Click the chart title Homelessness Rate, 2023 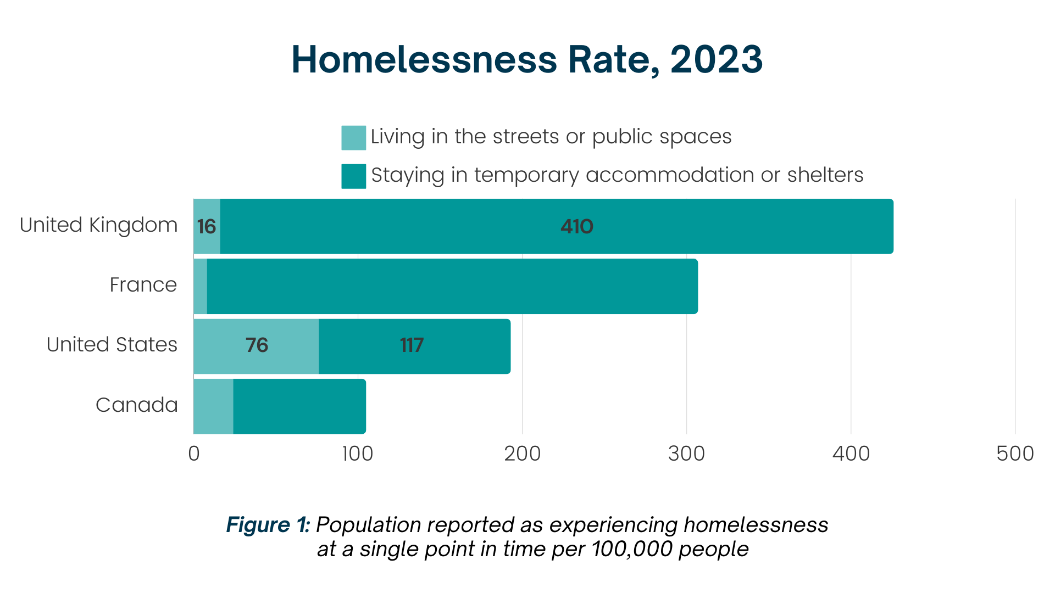527,59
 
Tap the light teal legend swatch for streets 353,138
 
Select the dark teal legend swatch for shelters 353,176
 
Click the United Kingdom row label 99,225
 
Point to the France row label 143,285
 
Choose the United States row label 112,345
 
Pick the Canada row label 137,405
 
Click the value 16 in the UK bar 207,227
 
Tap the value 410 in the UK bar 577,227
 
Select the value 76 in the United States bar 257,345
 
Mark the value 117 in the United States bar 412,345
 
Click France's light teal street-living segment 201,287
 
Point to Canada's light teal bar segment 214,406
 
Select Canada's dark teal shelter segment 299,406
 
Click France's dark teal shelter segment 452,287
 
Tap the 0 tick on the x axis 194,454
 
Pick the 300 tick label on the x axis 687,454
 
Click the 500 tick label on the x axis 1015,454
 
